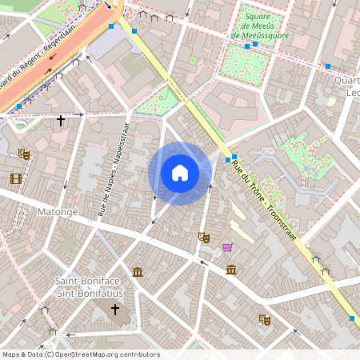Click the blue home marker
180,173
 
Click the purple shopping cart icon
227,248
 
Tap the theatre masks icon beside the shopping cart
204,238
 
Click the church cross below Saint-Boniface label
114,309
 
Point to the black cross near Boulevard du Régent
61,121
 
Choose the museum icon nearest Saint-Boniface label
138,272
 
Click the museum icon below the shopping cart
231,269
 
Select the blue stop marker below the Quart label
328,66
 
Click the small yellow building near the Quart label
331,102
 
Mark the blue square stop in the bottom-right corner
352,318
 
